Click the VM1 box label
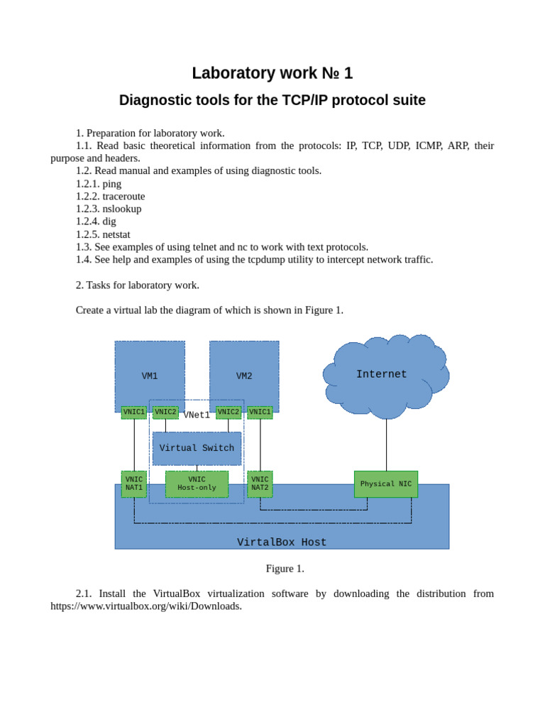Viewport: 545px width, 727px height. coord(150,376)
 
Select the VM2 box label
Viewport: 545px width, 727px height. coord(244,376)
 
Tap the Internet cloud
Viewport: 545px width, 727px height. coord(382,374)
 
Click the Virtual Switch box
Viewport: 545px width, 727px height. coord(197,448)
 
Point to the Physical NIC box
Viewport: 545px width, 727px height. coord(385,483)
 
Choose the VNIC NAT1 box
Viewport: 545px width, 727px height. coord(134,483)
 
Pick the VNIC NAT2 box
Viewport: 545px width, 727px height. coord(260,483)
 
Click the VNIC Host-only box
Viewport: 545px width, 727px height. coord(197,483)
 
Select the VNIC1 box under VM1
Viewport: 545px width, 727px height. coord(134,412)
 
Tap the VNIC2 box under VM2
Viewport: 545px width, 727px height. coord(228,412)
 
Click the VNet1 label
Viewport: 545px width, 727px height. coord(197,415)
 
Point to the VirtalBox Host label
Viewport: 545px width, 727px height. coord(282,542)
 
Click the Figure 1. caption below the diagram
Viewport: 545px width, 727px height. coord(285,569)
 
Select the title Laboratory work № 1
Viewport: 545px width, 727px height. coord(272,73)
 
